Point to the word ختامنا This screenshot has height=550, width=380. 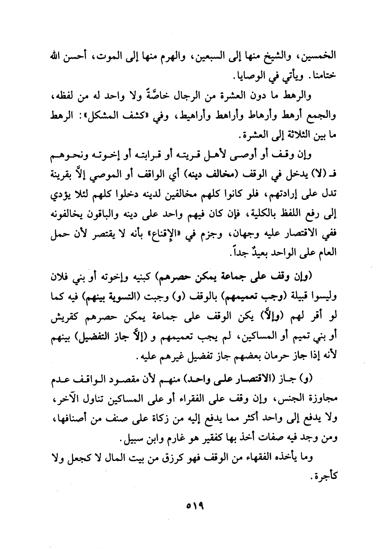[323, 76]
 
